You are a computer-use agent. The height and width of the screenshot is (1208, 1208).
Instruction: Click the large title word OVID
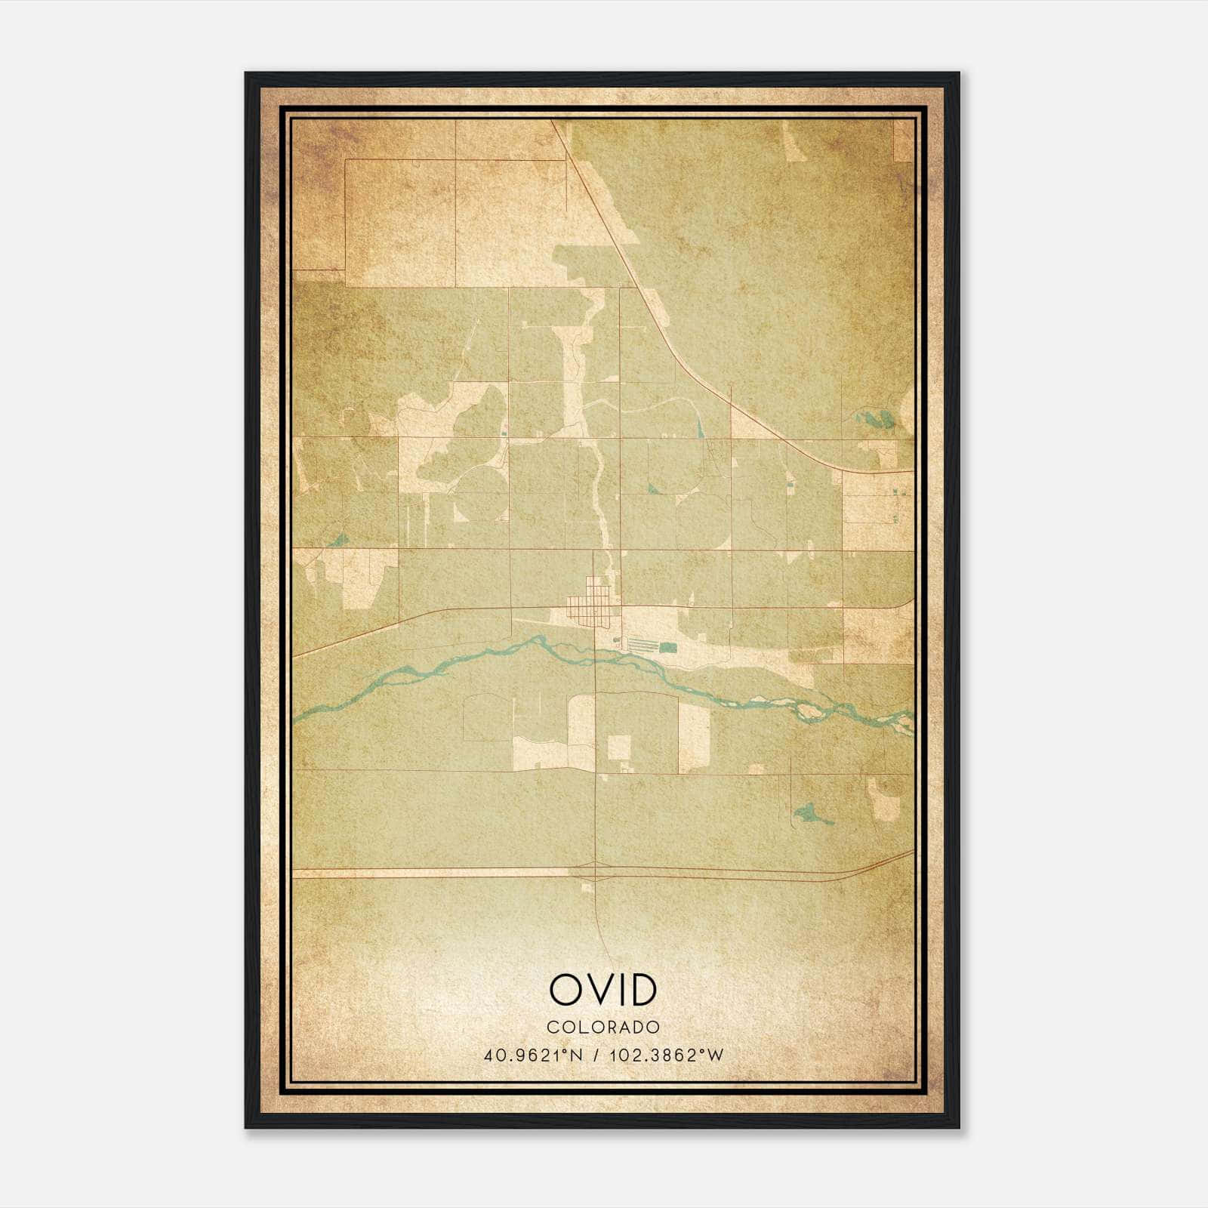pos(603,990)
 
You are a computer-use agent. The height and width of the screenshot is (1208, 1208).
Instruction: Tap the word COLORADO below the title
pos(603,1027)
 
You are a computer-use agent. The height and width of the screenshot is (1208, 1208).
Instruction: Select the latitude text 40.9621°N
pos(533,1055)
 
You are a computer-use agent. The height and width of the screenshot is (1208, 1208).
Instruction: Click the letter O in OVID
pos(564,990)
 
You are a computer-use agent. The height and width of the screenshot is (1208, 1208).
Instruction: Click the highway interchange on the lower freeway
pos(596,873)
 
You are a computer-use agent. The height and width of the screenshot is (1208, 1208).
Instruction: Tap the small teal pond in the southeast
pos(809,813)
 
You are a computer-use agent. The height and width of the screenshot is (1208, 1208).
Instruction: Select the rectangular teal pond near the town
pos(669,647)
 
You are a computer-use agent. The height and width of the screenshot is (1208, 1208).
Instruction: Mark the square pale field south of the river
pos(619,747)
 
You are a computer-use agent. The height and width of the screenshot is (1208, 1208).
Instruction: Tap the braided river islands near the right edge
pos(812,709)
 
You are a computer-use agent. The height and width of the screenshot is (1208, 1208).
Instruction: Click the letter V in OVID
pos(596,990)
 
